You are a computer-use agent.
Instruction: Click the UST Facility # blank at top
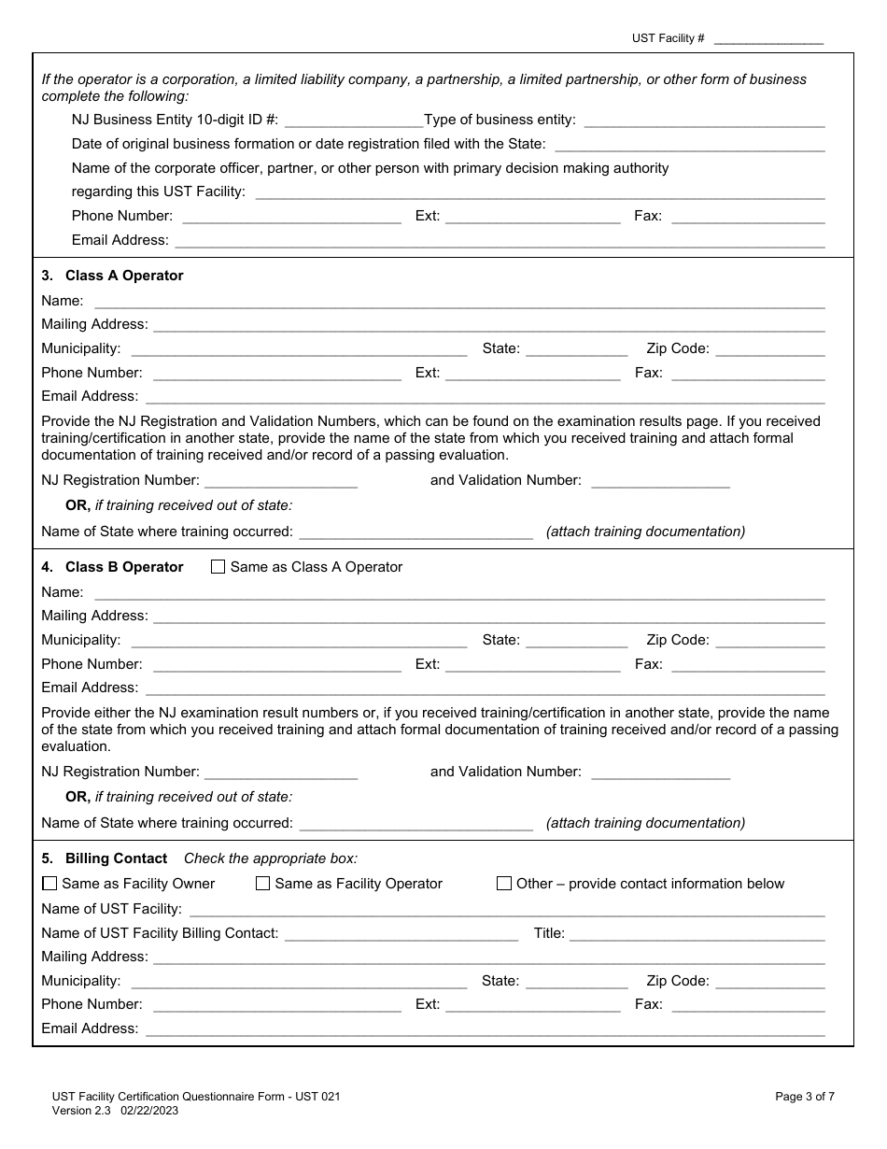(768, 38)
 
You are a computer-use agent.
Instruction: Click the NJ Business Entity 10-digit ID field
(353, 121)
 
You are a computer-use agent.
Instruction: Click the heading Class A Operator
(124, 276)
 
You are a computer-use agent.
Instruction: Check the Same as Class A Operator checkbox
(218, 567)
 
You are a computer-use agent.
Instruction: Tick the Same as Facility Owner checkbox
(49, 884)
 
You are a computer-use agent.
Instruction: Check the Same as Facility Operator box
(263, 884)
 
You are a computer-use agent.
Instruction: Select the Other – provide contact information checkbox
(504, 884)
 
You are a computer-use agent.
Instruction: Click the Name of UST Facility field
(506, 909)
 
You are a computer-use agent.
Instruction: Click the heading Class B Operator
(124, 567)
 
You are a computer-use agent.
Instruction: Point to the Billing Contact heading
(116, 858)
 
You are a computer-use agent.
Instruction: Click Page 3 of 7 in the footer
(805, 1098)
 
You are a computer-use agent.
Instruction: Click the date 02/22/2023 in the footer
(149, 1111)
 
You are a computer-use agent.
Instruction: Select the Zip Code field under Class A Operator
(770, 349)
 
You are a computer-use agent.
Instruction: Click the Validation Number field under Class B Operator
(660, 772)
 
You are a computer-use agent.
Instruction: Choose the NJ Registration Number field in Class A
(280, 480)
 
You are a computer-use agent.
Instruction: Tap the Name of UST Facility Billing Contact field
(401, 933)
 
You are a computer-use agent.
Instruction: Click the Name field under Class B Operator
(459, 592)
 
